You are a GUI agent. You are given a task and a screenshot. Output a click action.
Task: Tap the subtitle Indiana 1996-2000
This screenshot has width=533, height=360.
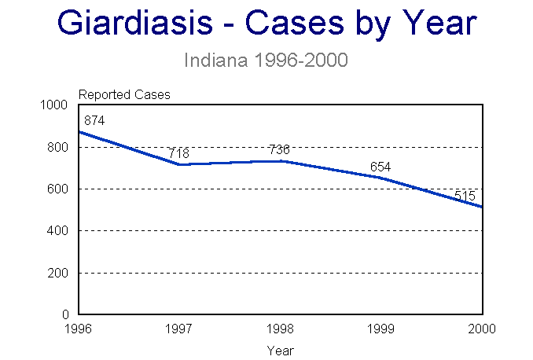point(266,60)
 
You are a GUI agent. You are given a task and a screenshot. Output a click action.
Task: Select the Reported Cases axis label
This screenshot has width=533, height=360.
point(124,95)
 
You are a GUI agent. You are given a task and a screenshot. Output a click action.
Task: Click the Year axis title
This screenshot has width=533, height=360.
point(280,350)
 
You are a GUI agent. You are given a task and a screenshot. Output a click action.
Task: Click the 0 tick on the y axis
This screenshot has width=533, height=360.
point(68,315)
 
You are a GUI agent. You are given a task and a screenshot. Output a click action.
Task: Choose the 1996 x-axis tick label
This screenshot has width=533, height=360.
point(79,329)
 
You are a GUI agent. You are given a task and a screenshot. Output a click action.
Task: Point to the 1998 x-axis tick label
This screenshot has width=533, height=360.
point(280,329)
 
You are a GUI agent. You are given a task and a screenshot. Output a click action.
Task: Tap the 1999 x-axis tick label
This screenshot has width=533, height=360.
point(380,329)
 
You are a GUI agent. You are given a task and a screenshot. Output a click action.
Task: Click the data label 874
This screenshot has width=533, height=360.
point(94,121)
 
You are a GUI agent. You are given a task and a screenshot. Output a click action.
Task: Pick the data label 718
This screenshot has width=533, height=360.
point(179,153)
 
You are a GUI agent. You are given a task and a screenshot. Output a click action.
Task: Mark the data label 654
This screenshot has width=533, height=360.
point(380,167)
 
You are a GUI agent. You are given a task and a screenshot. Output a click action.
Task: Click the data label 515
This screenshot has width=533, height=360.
point(465,196)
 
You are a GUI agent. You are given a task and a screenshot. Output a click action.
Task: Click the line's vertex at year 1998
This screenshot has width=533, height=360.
point(280,161)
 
